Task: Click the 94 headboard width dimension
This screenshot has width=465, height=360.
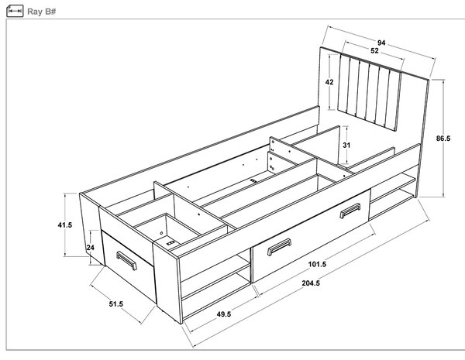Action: (381, 43)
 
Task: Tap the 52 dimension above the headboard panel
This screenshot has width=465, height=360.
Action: (374, 50)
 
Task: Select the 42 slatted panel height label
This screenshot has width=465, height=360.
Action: (329, 82)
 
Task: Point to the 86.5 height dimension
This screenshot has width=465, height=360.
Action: (443, 138)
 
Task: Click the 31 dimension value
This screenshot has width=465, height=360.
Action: (346, 146)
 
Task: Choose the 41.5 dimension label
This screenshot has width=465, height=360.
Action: (64, 225)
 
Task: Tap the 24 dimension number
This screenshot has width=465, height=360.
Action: (91, 247)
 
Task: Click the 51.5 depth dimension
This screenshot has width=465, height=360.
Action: (115, 303)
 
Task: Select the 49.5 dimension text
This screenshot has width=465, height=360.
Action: (224, 314)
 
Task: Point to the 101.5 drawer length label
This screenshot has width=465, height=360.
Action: (317, 264)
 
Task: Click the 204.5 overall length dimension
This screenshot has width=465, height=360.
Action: (311, 283)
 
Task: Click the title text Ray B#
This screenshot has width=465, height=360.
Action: (42, 12)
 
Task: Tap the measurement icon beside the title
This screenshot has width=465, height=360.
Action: (15, 12)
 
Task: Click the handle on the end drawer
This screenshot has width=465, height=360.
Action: (126, 261)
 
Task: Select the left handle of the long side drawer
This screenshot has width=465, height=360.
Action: (279, 247)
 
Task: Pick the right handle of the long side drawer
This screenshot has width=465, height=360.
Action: (350, 211)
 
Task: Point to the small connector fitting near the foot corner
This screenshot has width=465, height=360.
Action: (170, 243)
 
